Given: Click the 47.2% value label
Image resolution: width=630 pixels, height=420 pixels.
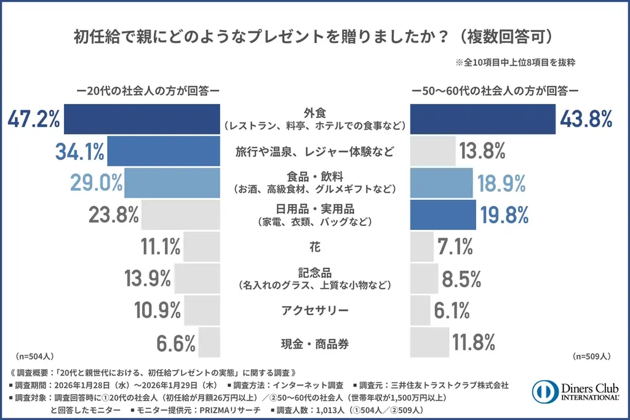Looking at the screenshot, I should click(34, 119).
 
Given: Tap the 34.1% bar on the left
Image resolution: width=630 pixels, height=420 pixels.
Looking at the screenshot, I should click(164, 151).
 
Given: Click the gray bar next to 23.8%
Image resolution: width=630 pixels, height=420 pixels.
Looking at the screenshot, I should click(181, 215).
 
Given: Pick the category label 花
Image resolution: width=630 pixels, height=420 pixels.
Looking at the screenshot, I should click(314, 247).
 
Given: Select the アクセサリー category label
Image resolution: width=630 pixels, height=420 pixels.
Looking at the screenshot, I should click(314, 311).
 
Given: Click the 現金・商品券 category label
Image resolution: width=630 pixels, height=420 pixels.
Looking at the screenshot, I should click(314, 344).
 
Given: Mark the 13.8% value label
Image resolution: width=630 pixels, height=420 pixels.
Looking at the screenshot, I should click(482, 151).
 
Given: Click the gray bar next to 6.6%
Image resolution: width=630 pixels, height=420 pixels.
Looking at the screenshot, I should click(209, 343).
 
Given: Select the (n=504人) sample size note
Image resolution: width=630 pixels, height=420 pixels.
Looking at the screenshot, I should click(34, 356).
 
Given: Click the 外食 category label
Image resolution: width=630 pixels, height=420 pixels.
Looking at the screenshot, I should click(314, 113).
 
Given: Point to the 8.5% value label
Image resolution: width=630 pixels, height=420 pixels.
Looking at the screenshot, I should click(461, 279).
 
